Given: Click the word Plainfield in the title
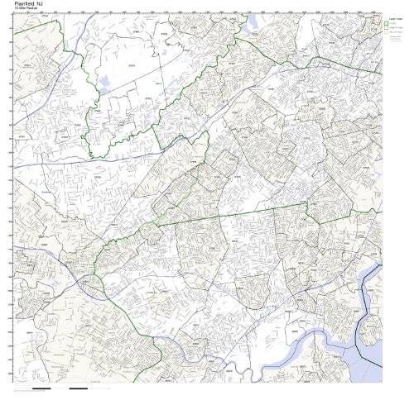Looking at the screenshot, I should [25, 5].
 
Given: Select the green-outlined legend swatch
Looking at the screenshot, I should [387, 24].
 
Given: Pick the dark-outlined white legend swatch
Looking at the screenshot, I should [387, 29].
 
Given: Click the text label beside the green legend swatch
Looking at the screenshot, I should [393, 24].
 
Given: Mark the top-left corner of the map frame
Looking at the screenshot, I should [14, 19].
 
